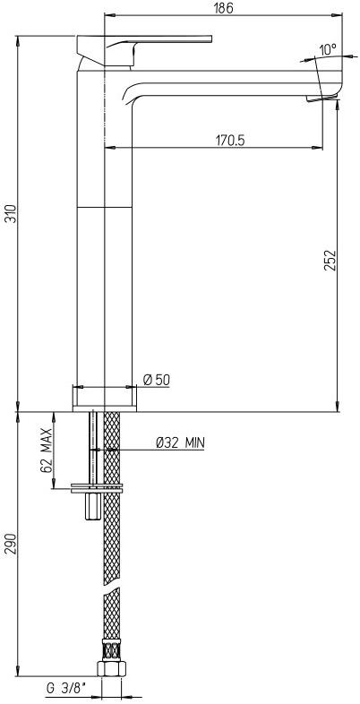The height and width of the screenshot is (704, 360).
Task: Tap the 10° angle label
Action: click(327, 49)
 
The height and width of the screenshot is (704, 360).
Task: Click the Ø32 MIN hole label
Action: click(180, 442)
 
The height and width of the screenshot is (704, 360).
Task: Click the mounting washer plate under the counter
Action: click(96, 488)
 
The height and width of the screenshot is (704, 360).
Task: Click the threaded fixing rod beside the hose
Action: click(93, 448)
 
